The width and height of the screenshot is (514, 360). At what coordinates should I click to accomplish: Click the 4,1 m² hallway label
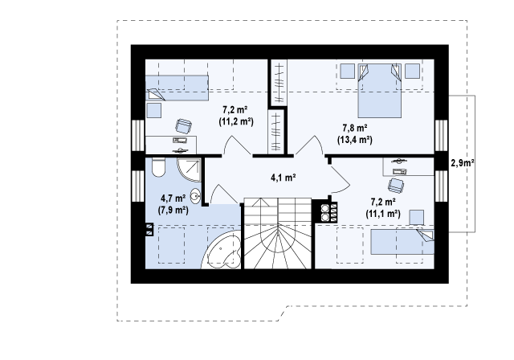pyautogui.click(x=284, y=178)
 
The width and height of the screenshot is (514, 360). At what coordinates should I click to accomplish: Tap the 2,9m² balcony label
pyautogui.click(x=463, y=162)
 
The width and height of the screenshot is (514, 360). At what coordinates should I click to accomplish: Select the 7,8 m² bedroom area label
pyautogui.click(x=355, y=127)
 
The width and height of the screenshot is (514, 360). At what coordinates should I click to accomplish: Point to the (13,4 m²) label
pyautogui.click(x=355, y=140)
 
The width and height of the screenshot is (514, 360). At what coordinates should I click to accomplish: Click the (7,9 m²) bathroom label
pyautogui.click(x=173, y=210)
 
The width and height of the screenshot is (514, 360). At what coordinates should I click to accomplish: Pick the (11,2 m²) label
pyautogui.click(x=236, y=121)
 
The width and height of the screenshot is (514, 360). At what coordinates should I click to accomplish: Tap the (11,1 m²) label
pyautogui.click(x=383, y=214)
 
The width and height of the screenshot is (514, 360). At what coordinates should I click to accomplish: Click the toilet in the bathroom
pyautogui.click(x=158, y=167)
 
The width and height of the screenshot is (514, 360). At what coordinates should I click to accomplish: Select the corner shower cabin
pyautogui.click(x=190, y=170)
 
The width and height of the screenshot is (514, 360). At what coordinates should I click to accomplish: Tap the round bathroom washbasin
pyautogui.click(x=196, y=197)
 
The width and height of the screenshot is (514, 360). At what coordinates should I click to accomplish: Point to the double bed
pyautogui.click(x=380, y=91)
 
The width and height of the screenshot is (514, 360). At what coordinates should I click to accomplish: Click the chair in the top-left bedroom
pyautogui.click(x=184, y=126)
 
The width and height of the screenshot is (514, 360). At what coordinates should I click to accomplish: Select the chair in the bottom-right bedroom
pyautogui.click(x=396, y=186)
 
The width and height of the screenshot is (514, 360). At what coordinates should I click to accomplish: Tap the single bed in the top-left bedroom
pyautogui.click(x=177, y=88)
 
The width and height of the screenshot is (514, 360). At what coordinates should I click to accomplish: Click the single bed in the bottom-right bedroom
pyautogui.click(x=402, y=242)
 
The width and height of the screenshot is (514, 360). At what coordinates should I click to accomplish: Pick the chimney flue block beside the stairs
pyautogui.click(x=324, y=211)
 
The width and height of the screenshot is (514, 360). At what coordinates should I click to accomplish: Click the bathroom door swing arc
pyautogui.click(x=224, y=194)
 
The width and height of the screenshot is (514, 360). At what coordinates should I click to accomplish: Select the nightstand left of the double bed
pyautogui.click(x=347, y=72)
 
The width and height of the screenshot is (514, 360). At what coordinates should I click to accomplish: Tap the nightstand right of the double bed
pyautogui.click(x=412, y=72)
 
